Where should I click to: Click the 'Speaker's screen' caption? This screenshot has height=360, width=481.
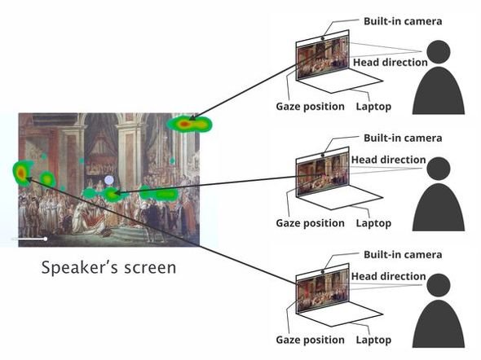109,267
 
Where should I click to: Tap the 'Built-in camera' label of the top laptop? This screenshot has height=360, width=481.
403,21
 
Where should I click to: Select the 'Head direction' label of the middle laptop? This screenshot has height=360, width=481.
388,160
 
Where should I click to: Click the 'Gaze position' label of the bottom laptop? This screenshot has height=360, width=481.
310,340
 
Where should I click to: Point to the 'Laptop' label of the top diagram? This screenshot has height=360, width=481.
373,107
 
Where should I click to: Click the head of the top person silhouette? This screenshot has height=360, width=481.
439,52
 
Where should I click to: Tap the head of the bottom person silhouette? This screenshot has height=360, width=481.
439,285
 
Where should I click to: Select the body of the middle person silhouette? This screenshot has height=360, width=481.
439,208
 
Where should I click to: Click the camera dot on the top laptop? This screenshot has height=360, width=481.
323,38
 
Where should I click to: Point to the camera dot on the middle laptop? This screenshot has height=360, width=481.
323,155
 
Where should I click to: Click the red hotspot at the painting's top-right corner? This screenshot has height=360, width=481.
184,124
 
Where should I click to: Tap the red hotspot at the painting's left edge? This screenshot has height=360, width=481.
20,173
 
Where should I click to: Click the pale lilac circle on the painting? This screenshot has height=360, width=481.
109,180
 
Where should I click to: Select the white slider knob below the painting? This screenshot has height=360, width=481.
46,239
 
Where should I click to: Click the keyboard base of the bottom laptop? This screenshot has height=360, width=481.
341,314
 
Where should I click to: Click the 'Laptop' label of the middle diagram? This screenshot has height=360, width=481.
373,223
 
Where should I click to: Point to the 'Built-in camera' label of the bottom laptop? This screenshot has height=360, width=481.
403,255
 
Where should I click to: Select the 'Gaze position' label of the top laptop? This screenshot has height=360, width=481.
310,107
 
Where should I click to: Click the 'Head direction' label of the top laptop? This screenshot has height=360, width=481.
391,62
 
